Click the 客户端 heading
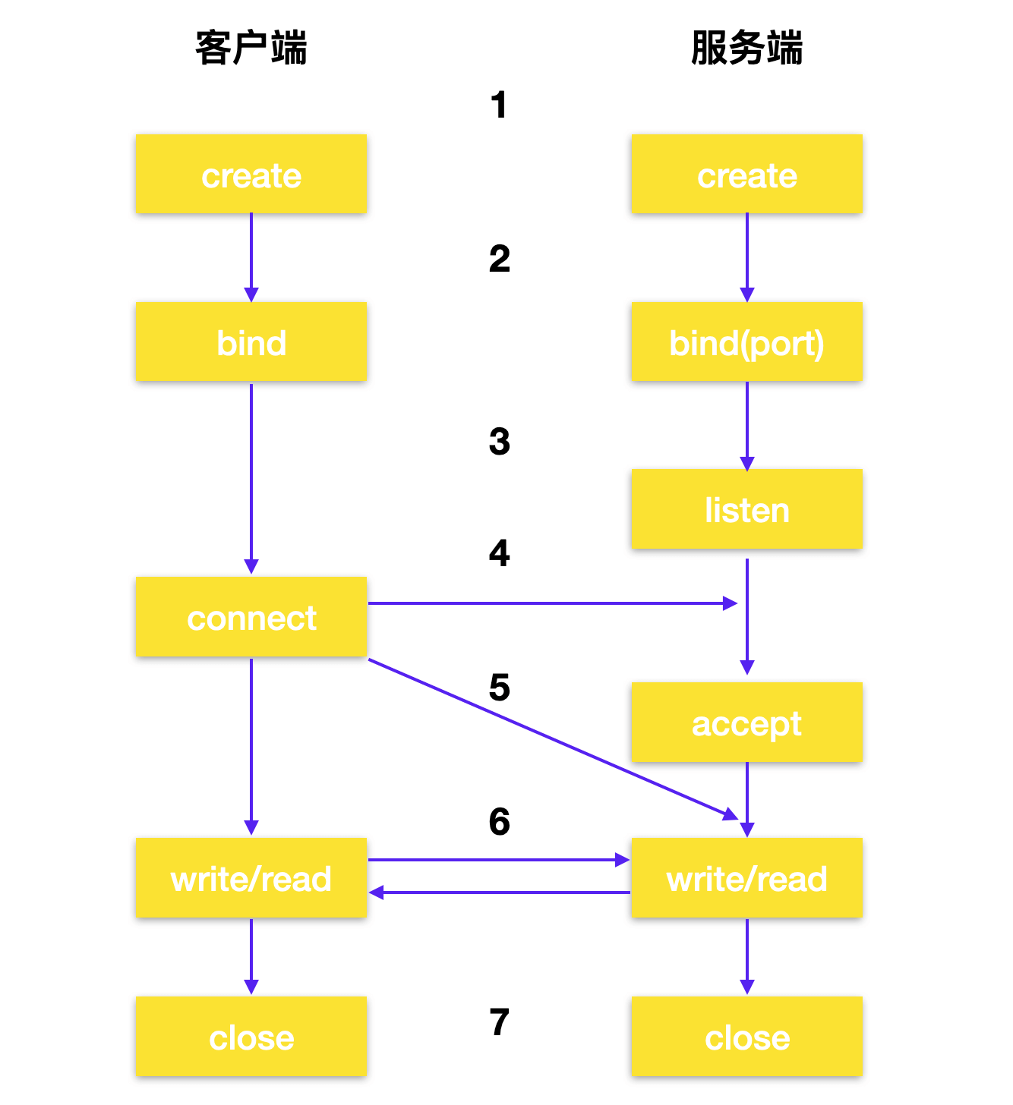(x=251, y=48)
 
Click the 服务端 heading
(x=746, y=48)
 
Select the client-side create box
(x=251, y=174)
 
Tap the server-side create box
(x=746, y=174)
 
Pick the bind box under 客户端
(x=251, y=341)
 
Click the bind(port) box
(x=746, y=341)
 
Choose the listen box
(x=746, y=508)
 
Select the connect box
(x=251, y=616)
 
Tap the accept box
(x=746, y=722)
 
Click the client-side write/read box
(x=251, y=877)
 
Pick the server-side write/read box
(x=746, y=877)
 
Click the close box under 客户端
(x=251, y=1036)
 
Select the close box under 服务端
(x=746, y=1036)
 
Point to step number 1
(x=499, y=105)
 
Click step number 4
(x=500, y=552)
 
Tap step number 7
(x=500, y=1022)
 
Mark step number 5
(x=500, y=687)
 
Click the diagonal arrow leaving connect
(x=554, y=739)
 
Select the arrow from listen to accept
(x=746, y=616)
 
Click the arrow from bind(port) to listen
(x=746, y=427)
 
